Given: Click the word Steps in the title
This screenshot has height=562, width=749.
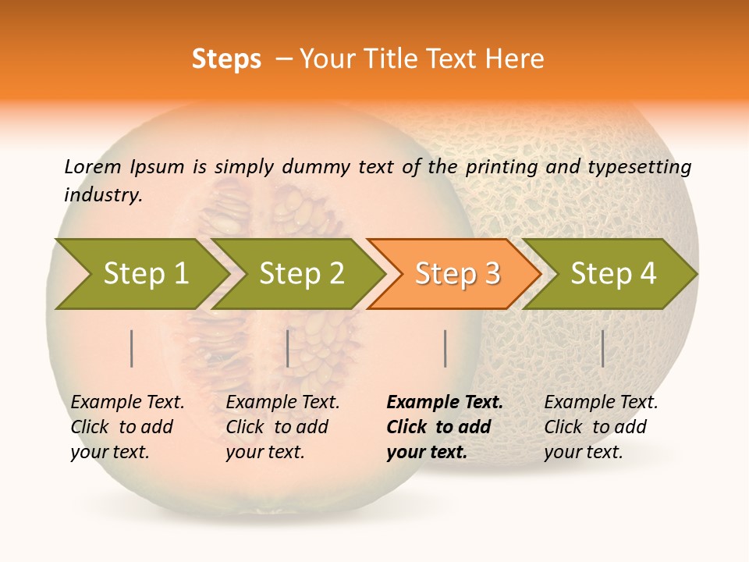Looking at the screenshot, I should (x=226, y=59).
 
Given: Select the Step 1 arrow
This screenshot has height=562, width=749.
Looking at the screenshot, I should (x=146, y=273).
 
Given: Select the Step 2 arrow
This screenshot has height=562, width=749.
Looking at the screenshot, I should (x=301, y=273).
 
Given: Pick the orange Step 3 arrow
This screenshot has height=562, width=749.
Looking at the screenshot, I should (x=457, y=273).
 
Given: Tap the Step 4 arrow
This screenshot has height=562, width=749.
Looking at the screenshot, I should (x=613, y=273).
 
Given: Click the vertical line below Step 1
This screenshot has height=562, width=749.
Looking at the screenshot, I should (x=132, y=348).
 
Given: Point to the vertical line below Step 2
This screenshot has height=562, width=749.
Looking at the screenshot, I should (x=288, y=348).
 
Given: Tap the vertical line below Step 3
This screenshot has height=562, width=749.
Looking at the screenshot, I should (x=445, y=348).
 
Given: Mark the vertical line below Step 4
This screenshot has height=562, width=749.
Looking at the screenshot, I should (x=602, y=348).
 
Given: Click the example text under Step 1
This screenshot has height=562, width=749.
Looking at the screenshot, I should (x=126, y=427).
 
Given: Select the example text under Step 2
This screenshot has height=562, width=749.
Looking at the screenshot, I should (x=282, y=427).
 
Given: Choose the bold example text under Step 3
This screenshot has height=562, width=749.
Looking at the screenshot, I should (x=444, y=427).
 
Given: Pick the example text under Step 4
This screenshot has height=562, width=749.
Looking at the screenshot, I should (x=600, y=427).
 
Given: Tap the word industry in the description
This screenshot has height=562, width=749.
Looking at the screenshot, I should (x=102, y=194).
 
